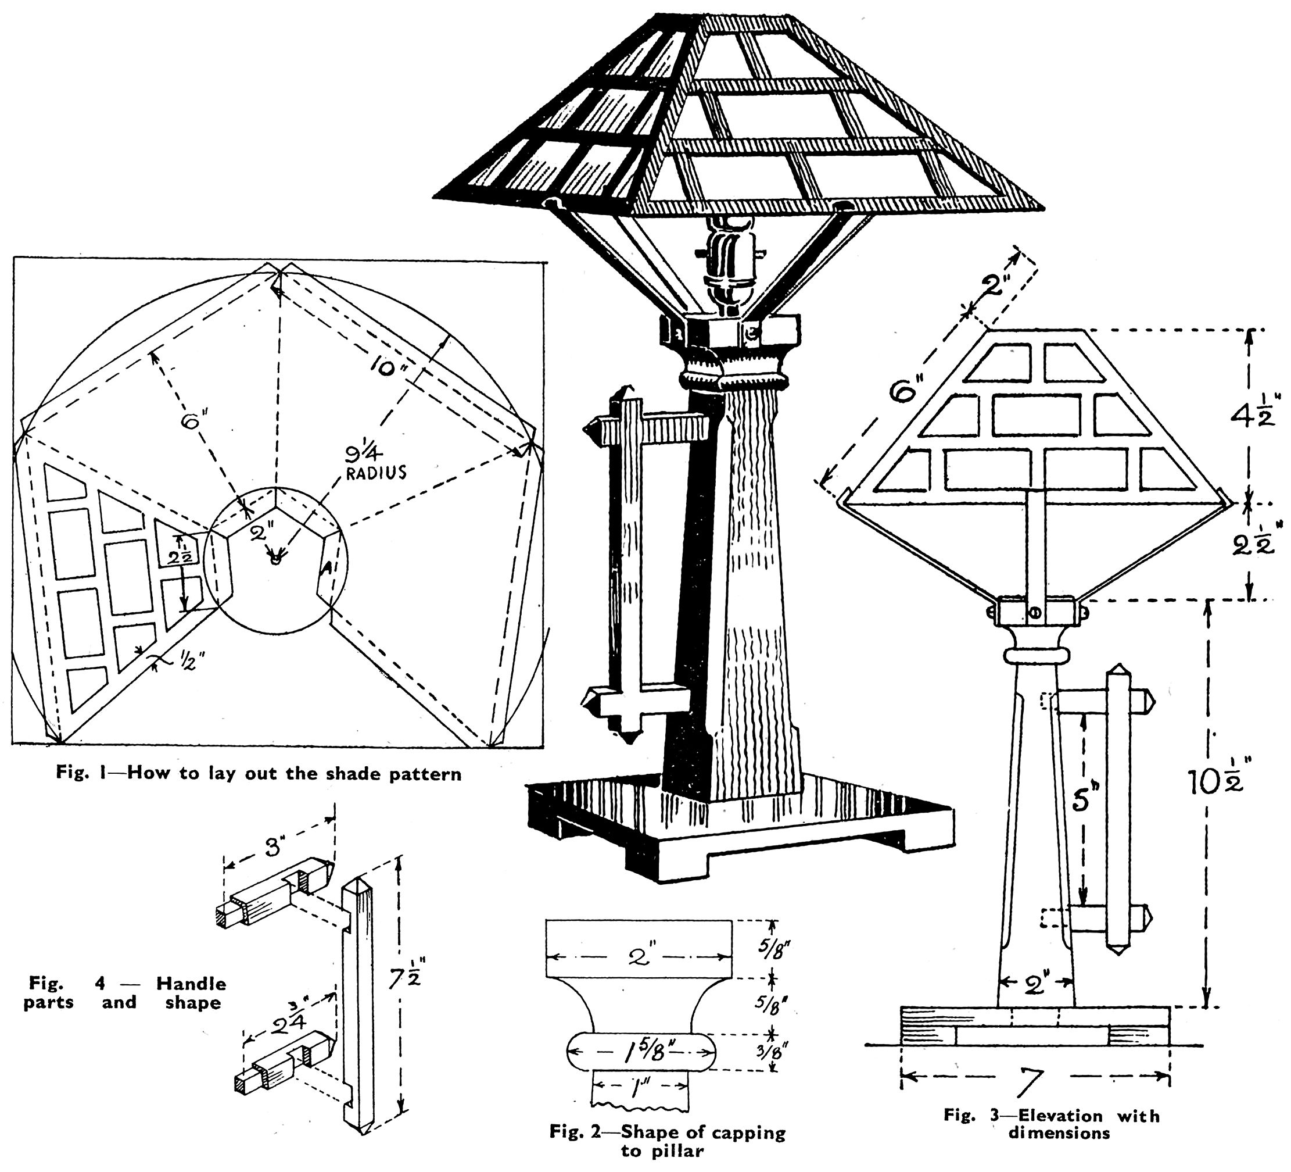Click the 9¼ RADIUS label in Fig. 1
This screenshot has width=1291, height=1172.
tap(375, 463)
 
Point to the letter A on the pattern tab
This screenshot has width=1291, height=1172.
tap(327, 568)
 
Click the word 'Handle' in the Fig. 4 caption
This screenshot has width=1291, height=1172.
tap(191, 984)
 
